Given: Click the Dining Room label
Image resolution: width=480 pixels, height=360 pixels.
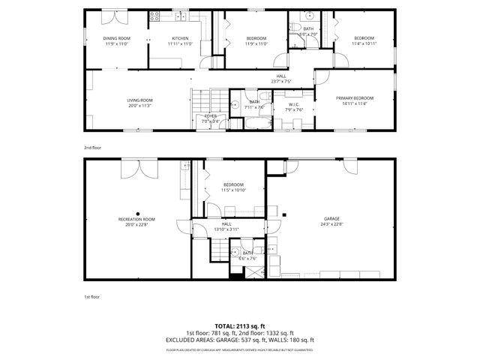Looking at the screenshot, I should coord(116,38).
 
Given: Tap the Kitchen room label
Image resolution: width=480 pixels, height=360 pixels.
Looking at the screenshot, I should coord(180,38).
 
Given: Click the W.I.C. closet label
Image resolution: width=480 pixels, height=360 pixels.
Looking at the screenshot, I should coord(294,104).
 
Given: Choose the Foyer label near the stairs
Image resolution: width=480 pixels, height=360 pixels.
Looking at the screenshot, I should coord(210,115).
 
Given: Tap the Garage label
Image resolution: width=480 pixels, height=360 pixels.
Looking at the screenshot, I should coord(331,220).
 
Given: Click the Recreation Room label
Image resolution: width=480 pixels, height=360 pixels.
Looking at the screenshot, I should coord(136,220).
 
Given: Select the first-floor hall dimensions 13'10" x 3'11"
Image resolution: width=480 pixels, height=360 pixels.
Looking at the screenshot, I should coord(226,229).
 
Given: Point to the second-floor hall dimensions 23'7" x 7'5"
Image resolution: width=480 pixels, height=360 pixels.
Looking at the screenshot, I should coord(280,81).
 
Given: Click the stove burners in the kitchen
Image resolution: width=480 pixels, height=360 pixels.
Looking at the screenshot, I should coord(155,15).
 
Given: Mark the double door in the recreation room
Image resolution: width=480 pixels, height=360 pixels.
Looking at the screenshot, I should coord(137,168).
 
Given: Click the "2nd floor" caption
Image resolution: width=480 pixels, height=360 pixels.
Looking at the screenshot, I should coord(91,148).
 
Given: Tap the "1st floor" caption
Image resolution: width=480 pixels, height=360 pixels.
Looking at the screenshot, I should coord(91,297).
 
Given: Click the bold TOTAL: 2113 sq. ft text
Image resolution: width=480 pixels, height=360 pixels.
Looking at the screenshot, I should coord(240,326).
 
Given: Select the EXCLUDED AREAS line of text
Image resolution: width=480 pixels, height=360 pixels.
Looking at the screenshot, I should coord(240,340).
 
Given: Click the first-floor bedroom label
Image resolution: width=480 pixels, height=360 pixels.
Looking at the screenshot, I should coord(233,184).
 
